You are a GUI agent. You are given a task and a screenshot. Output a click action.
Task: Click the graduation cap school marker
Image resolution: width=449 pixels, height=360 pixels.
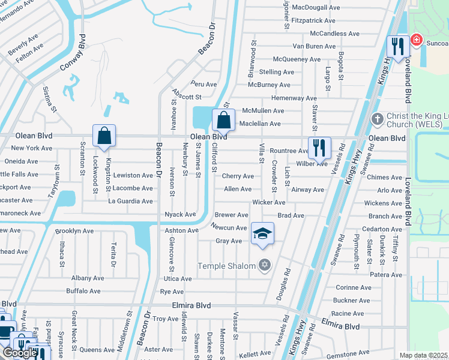(262, 233)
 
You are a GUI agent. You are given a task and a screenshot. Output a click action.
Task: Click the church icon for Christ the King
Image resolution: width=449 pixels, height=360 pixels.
(377, 118)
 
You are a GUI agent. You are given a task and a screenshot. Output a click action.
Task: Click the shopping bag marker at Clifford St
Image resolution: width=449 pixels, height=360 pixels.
(223, 119)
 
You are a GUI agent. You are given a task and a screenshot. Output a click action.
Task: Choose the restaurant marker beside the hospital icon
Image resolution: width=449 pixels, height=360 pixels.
(397, 46)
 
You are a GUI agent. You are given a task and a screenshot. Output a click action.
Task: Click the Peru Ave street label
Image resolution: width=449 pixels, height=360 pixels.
(203, 84)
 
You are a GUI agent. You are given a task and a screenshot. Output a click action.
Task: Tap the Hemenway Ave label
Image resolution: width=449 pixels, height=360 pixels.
(294, 98)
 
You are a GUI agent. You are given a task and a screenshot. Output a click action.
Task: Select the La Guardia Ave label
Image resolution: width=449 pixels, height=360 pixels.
(130, 201)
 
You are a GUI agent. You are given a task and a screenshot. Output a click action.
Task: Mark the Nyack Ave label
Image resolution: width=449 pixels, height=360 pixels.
(180, 214)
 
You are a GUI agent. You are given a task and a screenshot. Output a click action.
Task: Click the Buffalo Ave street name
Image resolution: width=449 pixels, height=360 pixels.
(83, 291)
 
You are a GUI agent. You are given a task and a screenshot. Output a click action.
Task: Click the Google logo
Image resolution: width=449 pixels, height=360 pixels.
(19, 353)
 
